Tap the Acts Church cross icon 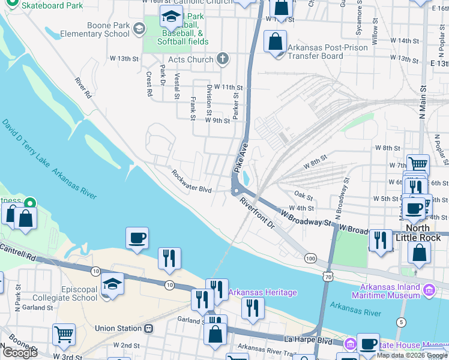[223, 59]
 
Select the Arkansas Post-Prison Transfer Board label [315, 52]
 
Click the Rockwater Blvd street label [191, 182]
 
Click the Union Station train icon [148, 329]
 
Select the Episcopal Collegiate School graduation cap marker [112, 283]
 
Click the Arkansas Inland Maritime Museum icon [429, 291]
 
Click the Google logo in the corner [20, 352]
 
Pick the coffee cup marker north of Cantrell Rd [137, 238]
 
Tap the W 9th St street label [217, 120]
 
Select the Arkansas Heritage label [262, 292]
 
